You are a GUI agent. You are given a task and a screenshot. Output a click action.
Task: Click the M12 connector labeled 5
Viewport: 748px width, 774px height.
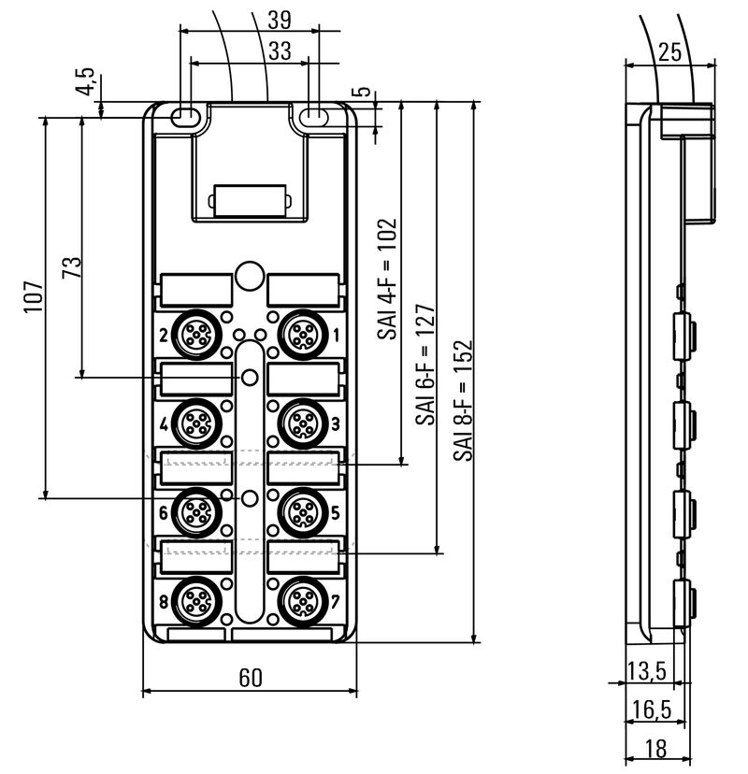[x=301, y=509]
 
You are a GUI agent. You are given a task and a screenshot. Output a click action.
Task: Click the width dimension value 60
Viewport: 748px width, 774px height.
[x=250, y=678]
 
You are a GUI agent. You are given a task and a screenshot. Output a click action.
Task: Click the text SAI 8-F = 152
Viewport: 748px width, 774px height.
[x=462, y=399]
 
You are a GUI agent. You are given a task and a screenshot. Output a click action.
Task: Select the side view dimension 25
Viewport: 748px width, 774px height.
[x=669, y=52]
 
